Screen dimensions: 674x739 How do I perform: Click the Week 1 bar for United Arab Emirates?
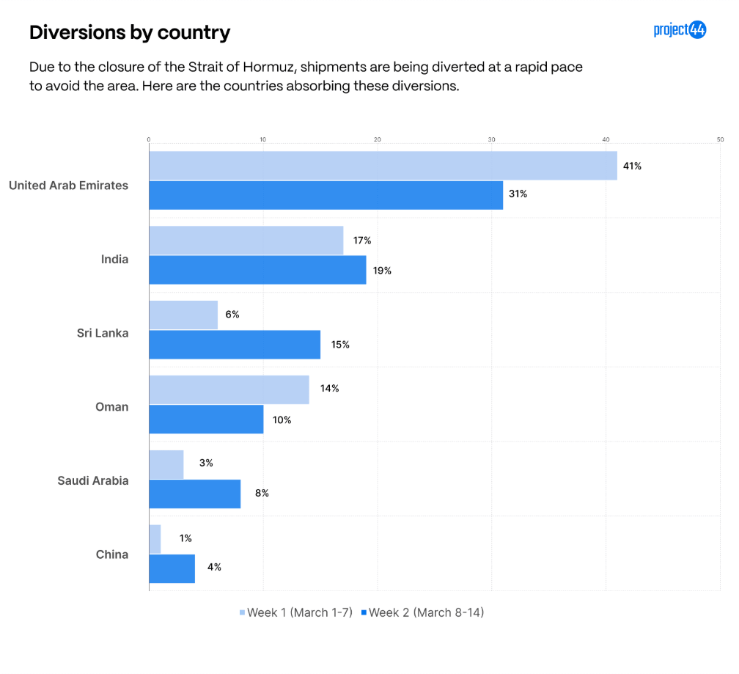pos(383,166)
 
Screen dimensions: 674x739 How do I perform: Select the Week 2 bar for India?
pos(257,270)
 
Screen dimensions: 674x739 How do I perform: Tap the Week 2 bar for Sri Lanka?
pos(235,345)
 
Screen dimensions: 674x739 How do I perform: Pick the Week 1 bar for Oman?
pos(229,389)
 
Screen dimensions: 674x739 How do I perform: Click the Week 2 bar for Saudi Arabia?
pos(195,494)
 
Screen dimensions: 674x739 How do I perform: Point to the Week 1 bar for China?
pos(155,539)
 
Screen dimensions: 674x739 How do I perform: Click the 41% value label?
pos(632,166)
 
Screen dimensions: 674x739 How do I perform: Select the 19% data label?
pos(382,271)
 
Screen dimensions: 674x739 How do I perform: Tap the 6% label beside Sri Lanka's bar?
pos(232,315)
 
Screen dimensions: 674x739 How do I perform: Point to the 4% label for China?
pos(213,567)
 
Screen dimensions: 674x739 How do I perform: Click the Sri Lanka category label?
pos(103,333)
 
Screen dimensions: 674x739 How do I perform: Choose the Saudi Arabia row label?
pos(93,481)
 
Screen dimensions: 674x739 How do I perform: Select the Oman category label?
pos(112,407)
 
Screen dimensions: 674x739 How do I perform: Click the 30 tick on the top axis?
pos(491,139)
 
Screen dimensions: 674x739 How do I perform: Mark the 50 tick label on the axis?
pos(720,139)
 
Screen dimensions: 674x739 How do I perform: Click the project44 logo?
pos(680,30)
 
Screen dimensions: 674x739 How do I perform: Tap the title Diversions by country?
pos(130,32)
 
